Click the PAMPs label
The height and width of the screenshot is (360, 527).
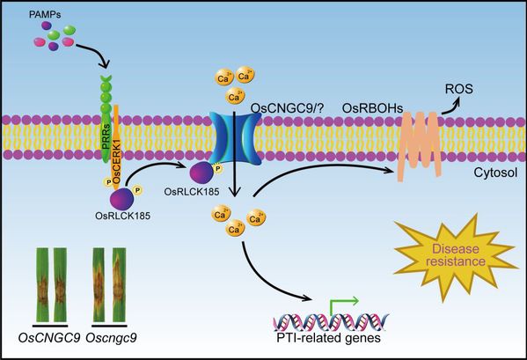coord(44,15)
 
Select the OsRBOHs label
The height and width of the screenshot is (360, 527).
coord(372,108)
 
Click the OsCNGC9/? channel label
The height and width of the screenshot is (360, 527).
coord(287,108)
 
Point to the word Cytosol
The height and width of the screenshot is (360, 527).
coord(495,173)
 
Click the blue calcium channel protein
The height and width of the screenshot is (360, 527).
coord(235,138)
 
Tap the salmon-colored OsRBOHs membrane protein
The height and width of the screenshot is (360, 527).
coord(419,145)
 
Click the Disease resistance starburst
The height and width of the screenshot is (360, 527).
coord(456,255)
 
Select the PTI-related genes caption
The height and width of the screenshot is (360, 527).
coord(329,337)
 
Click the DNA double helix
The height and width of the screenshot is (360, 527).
coord(331,322)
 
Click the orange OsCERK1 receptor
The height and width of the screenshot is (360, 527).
coord(116,145)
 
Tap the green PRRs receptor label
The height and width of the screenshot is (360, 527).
coord(106,139)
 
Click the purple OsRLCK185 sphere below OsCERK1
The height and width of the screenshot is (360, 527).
coord(121,199)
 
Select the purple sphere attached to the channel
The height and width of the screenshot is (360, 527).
coord(202,173)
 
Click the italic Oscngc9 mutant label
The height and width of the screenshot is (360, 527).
coord(111,338)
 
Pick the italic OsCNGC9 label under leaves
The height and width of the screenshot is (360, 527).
coord(49,337)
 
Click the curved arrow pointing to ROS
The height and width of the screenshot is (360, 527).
coord(451,106)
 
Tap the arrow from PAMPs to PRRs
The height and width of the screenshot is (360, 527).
coord(98,53)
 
